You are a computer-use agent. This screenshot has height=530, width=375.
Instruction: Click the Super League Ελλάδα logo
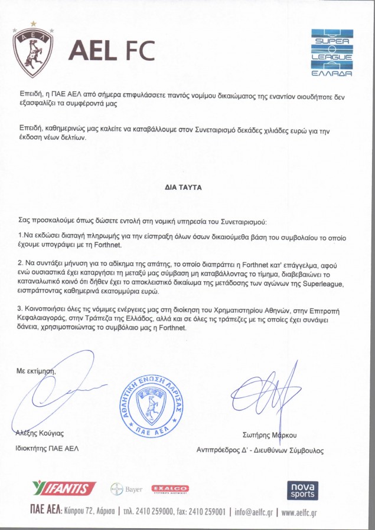[x=332, y=53]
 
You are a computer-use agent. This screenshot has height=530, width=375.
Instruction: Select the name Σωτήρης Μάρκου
[x=270, y=435]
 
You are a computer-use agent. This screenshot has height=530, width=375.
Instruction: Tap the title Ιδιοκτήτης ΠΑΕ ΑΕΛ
[x=47, y=448]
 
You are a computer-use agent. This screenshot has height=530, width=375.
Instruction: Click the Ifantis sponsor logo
[x=64, y=488]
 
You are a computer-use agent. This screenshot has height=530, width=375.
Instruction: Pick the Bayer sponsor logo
[x=127, y=489]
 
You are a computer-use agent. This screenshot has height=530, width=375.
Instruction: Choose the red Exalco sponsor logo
[x=170, y=489]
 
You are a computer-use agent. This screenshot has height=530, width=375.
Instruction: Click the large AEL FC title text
[x=112, y=51]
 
